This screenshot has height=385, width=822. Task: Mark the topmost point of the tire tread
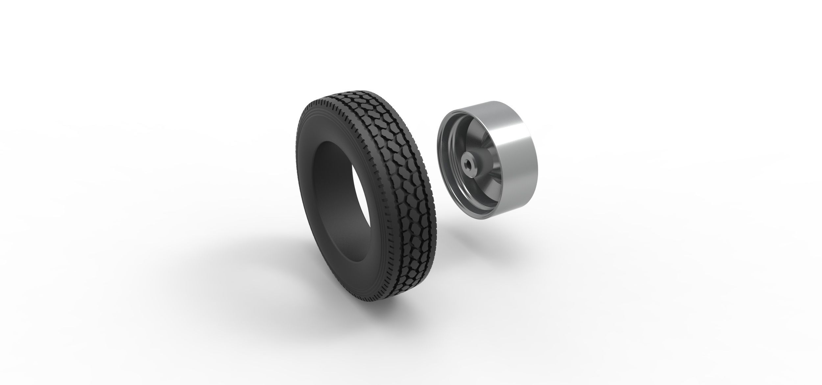coord(358,88)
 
